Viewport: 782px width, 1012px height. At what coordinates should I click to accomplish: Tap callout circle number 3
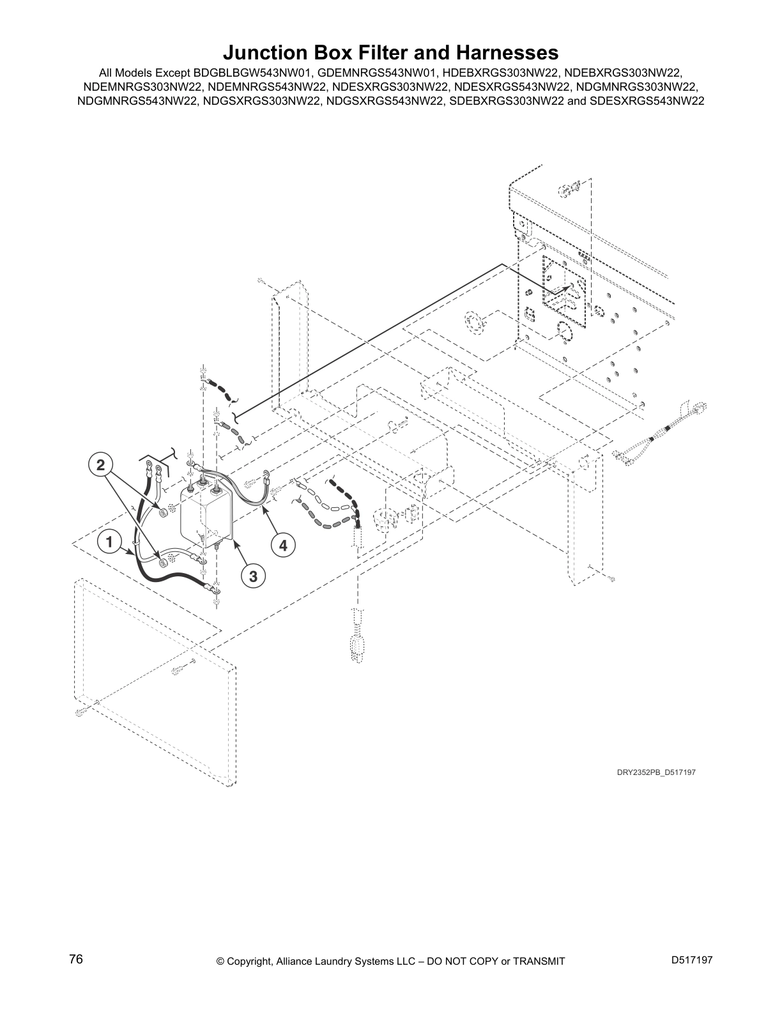pyautogui.click(x=253, y=576)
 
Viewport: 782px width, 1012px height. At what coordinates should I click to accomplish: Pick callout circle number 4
pyautogui.click(x=283, y=546)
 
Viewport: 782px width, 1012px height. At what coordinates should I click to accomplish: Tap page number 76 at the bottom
pyautogui.click(x=76, y=960)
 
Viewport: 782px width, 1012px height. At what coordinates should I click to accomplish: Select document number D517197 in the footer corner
pyautogui.click(x=691, y=960)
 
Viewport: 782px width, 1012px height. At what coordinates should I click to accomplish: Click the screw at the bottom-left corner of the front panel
pyautogui.click(x=80, y=712)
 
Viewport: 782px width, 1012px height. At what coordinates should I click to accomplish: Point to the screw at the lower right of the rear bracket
pyautogui.click(x=611, y=579)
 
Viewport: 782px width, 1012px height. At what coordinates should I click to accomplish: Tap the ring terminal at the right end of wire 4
pyautogui.click(x=265, y=474)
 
